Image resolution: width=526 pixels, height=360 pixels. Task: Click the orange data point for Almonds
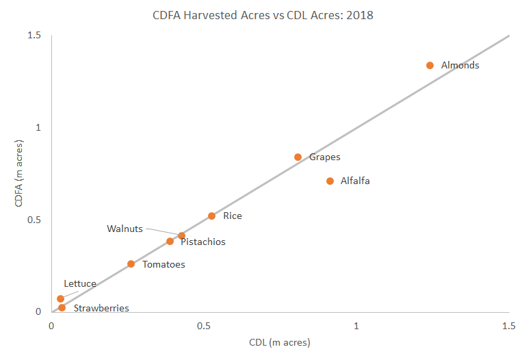[430, 66]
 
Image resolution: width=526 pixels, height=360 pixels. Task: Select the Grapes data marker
[298, 157]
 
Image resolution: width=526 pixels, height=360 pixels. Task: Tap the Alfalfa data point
[330, 181]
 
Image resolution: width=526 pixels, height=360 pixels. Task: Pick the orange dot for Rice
[212, 216]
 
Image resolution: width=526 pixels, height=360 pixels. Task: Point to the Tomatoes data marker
[131, 264]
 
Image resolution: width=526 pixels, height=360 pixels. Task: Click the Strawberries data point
[62, 308]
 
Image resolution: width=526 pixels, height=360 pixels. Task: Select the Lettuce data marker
[61, 299]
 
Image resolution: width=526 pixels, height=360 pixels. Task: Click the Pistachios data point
[170, 242]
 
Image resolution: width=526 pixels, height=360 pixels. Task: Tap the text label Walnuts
[124, 229]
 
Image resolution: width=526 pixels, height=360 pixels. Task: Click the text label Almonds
[460, 66]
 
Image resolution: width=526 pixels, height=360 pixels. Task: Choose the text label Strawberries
[101, 309]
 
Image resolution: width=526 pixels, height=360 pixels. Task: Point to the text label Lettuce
[80, 283]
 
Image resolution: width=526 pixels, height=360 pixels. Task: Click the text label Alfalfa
[355, 181]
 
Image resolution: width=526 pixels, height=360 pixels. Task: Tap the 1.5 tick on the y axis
[34, 36]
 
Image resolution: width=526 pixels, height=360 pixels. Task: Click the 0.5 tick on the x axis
[204, 326]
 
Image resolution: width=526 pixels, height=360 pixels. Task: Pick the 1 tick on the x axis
[356, 326]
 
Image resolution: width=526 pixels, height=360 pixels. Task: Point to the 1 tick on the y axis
[38, 128]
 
